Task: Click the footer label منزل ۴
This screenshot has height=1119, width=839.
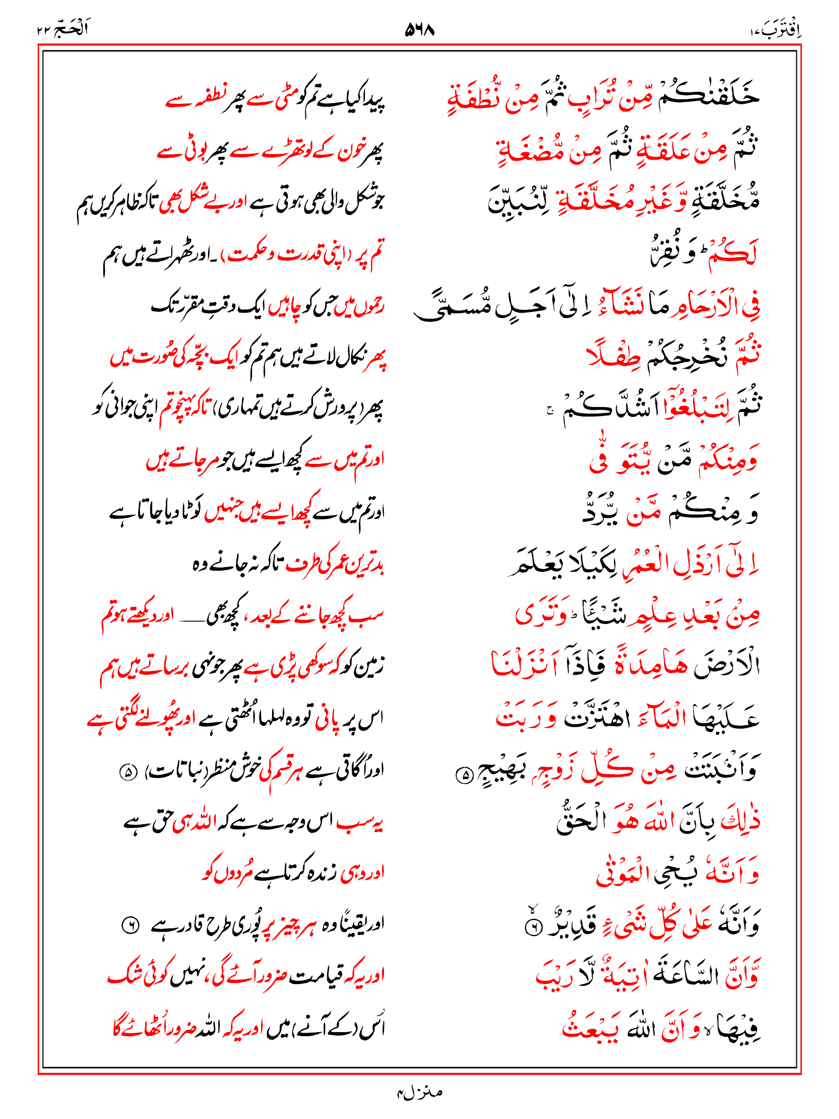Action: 419,1092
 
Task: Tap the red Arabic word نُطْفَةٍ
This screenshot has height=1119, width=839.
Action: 474,98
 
